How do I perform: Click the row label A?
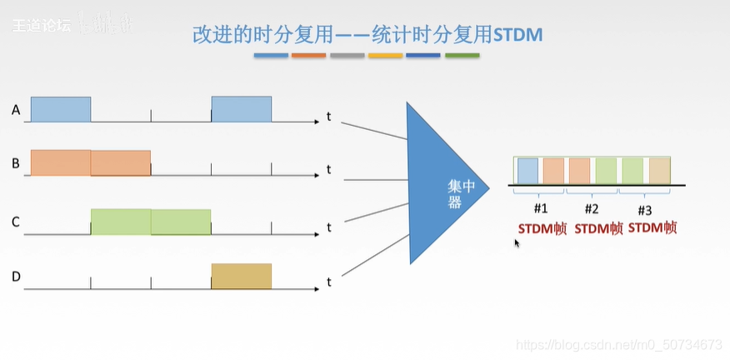point(16,109)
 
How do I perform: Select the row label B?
point(16,162)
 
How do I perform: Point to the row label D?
point(16,276)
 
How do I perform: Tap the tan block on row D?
point(241,276)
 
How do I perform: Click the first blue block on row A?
point(61,109)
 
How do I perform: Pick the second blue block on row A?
point(241,109)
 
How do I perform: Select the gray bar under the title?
point(347,56)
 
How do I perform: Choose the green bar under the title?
point(462,56)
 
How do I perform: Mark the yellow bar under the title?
point(385,56)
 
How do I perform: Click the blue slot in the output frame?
point(527,170)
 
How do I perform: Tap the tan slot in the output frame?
point(659,170)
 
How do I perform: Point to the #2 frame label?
point(592,209)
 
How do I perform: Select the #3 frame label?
point(644,210)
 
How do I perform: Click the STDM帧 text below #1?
point(542,228)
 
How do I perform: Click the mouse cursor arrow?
point(517,242)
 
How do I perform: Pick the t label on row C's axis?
point(329,227)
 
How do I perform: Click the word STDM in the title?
point(518,35)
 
